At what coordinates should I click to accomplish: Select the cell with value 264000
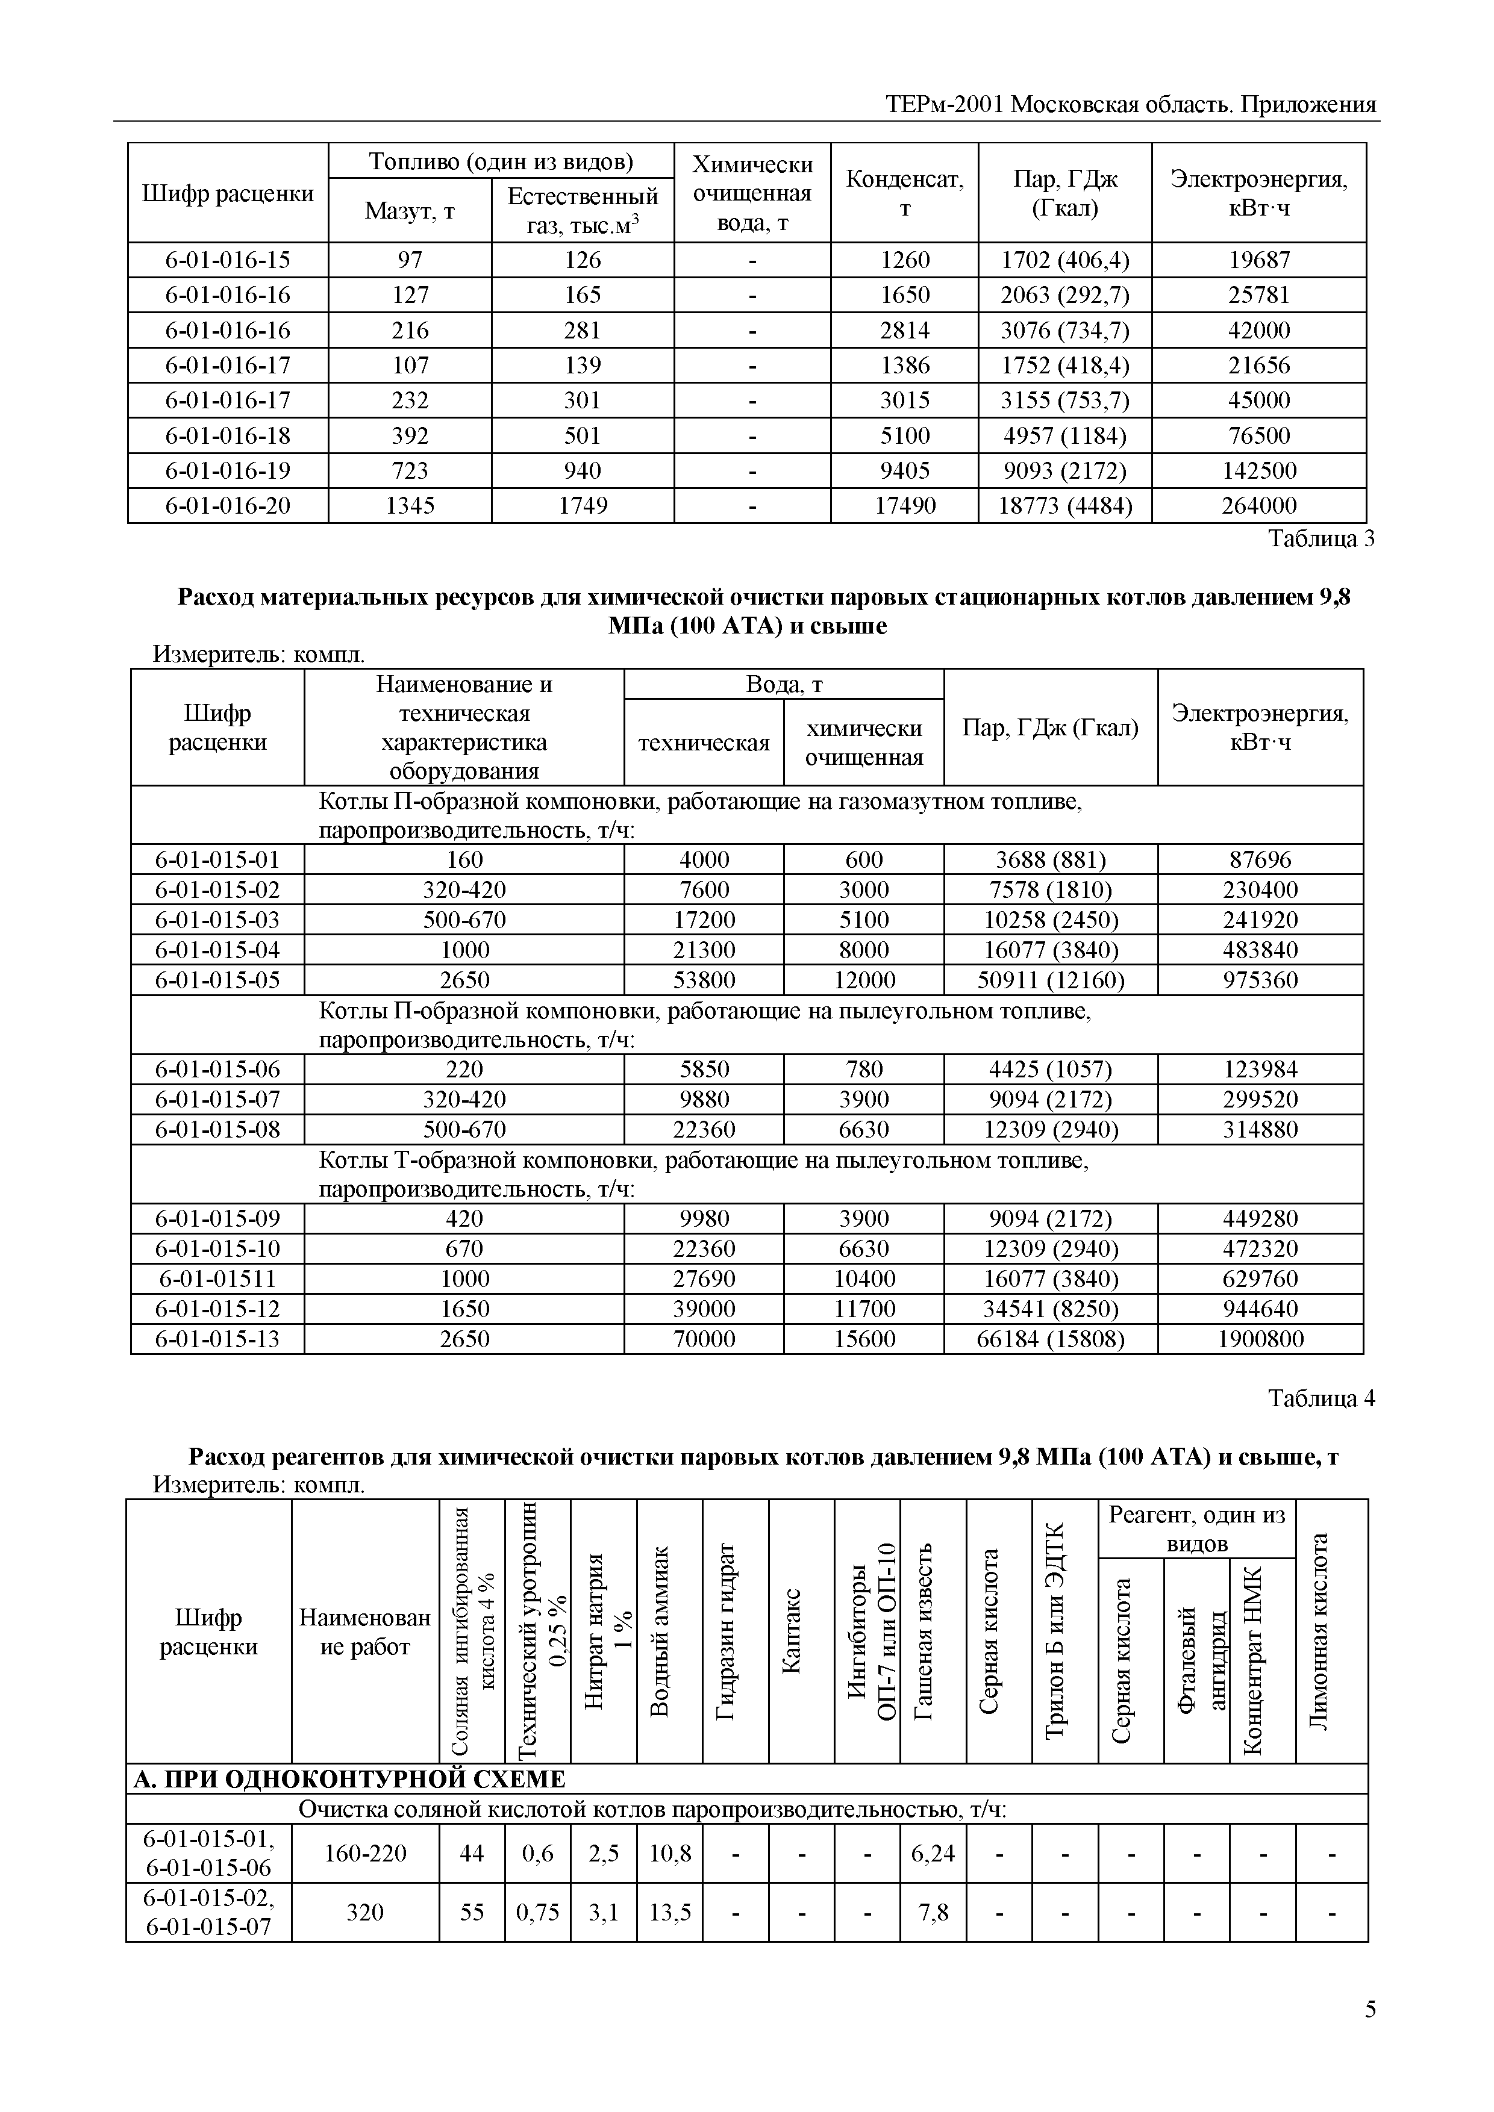[1258, 506]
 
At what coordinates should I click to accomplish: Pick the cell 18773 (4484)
[1064, 506]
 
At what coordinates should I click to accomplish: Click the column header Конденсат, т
[904, 193]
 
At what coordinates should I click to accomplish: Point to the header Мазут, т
[410, 211]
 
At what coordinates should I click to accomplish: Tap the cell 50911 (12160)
[1051, 980]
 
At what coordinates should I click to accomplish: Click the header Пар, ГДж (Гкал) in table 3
[1051, 727]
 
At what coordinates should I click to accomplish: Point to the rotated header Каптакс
[801, 1636]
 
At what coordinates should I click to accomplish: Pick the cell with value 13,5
[670, 1913]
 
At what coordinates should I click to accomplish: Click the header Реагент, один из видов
[1196, 1529]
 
